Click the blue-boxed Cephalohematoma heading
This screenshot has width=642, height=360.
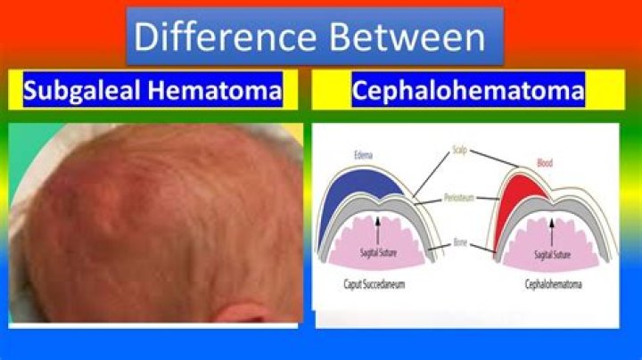[467, 91]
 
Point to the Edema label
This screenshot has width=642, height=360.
[363, 154]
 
